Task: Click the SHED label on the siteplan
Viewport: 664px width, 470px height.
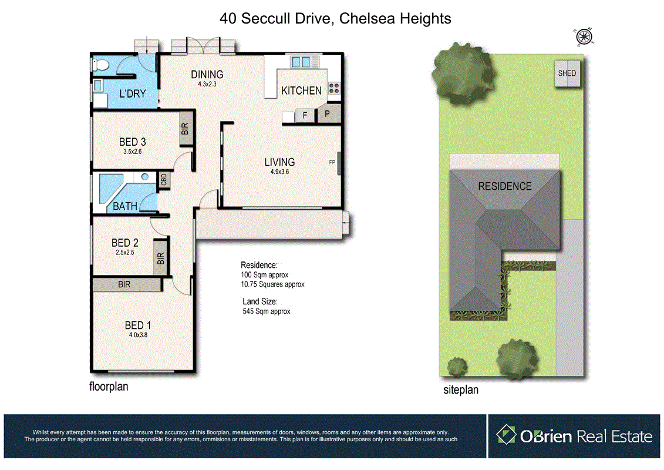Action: tap(567, 73)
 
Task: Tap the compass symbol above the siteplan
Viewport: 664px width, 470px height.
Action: tap(584, 36)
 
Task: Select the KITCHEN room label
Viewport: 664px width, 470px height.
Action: tap(301, 90)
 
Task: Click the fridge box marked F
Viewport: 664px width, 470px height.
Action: tap(305, 116)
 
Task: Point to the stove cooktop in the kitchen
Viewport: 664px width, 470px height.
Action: tap(333, 88)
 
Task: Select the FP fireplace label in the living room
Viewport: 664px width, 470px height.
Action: tap(332, 163)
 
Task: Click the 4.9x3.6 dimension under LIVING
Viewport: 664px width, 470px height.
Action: tap(279, 172)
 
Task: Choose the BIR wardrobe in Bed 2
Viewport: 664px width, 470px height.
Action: tap(160, 258)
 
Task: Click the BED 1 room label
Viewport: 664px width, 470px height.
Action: tap(138, 325)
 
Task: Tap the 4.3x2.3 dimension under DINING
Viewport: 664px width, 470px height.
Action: tap(207, 84)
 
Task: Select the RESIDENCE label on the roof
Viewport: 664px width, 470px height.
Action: tap(504, 186)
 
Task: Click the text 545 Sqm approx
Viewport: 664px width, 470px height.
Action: tap(267, 311)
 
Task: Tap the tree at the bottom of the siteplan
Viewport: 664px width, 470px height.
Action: tap(517, 357)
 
